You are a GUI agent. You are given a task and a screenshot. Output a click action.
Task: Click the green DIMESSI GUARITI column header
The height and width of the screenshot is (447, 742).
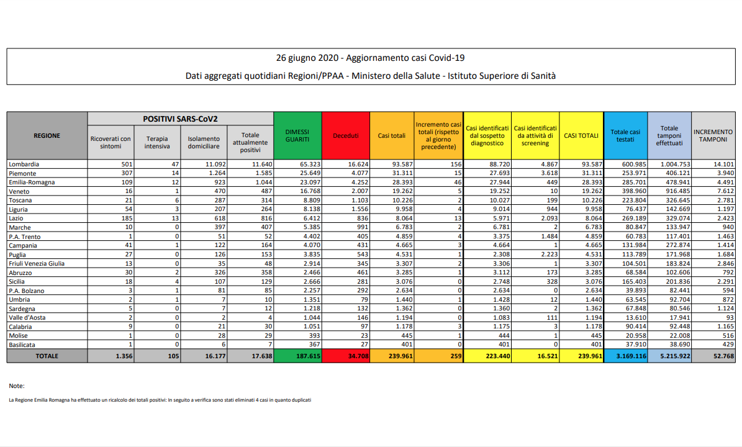tap(297, 135)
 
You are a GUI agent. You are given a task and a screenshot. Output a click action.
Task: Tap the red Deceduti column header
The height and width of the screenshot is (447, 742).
tap(346, 135)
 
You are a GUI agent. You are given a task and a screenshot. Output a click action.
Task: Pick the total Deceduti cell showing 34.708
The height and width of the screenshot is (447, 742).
tap(356, 356)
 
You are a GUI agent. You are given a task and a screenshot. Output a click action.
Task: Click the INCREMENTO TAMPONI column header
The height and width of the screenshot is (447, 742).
tap(713, 135)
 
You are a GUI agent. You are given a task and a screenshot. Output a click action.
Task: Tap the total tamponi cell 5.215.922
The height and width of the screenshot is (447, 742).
tap(669, 356)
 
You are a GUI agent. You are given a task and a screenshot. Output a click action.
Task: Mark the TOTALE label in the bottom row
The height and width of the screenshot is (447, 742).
tap(47, 356)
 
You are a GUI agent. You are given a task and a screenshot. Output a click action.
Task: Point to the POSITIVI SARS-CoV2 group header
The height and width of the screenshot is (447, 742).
tap(180, 118)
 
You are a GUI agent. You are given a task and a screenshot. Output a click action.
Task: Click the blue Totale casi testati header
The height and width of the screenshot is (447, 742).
tap(625, 135)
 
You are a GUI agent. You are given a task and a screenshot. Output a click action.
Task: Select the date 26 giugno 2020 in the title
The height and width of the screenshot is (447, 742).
tap(307, 58)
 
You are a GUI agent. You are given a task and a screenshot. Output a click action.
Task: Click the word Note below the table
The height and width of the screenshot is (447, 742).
tap(17, 386)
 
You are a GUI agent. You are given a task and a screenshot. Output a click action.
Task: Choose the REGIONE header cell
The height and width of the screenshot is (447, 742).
tap(47, 135)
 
